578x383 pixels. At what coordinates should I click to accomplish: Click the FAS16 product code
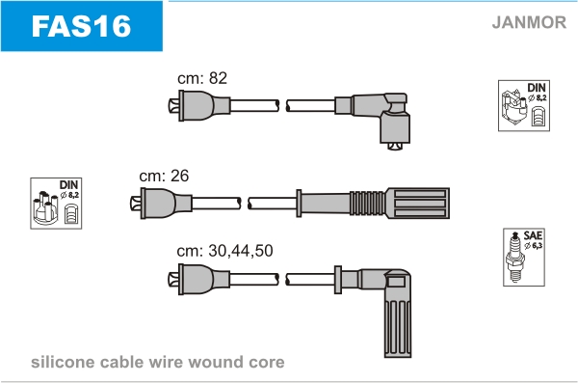coord(81,26)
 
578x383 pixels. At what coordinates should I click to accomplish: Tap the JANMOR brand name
coord(529,22)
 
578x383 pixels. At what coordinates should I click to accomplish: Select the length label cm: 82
coord(202,78)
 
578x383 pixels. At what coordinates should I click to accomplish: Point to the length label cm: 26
coord(164,176)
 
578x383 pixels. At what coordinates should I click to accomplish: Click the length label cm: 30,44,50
coord(224,251)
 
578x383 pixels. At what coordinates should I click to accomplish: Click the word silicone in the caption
coord(63,362)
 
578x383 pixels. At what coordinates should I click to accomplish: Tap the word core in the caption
coord(267,363)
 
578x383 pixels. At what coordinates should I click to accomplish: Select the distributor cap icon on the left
coord(56,204)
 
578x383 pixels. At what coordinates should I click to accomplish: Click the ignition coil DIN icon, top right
coord(524,105)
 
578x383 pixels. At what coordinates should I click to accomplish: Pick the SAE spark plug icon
coord(524,257)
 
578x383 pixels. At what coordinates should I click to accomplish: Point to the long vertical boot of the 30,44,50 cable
coord(397,314)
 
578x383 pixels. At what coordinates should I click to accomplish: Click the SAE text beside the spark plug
coord(533,235)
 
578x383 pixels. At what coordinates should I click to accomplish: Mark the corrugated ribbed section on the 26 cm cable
coord(367,204)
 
